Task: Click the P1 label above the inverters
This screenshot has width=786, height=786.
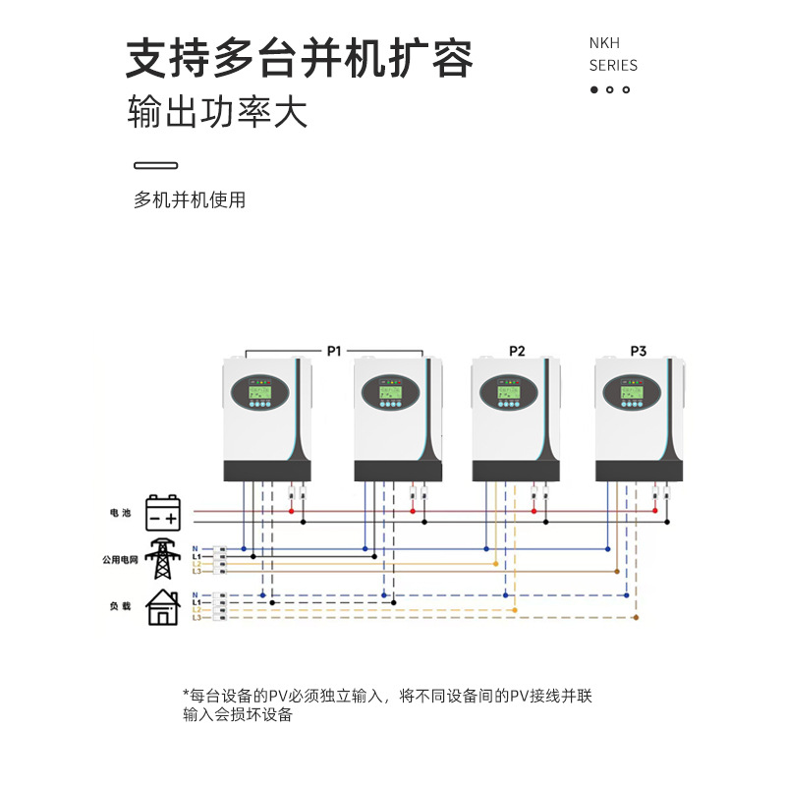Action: click(333, 350)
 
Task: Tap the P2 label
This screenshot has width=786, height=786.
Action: click(517, 351)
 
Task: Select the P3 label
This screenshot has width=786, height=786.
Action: click(639, 351)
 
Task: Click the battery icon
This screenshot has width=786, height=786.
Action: click(163, 513)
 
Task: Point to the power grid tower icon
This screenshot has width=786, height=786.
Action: click(163, 560)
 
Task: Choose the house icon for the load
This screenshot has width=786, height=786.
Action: click(163, 608)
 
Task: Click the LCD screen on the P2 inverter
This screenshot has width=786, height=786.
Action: click(511, 386)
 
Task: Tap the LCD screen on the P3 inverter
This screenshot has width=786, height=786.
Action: click(634, 386)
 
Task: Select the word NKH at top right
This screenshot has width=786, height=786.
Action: click(604, 44)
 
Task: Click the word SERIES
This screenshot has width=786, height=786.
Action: click(613, 66)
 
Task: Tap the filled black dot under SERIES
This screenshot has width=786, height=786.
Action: click(593, 90)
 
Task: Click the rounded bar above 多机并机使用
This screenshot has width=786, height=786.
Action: click(155, 165)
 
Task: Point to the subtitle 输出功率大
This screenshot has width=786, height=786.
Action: click(218, 112)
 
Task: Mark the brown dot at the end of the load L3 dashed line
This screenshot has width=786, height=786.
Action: click(636, 617)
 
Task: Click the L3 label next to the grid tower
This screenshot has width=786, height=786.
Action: click(196, 571)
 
